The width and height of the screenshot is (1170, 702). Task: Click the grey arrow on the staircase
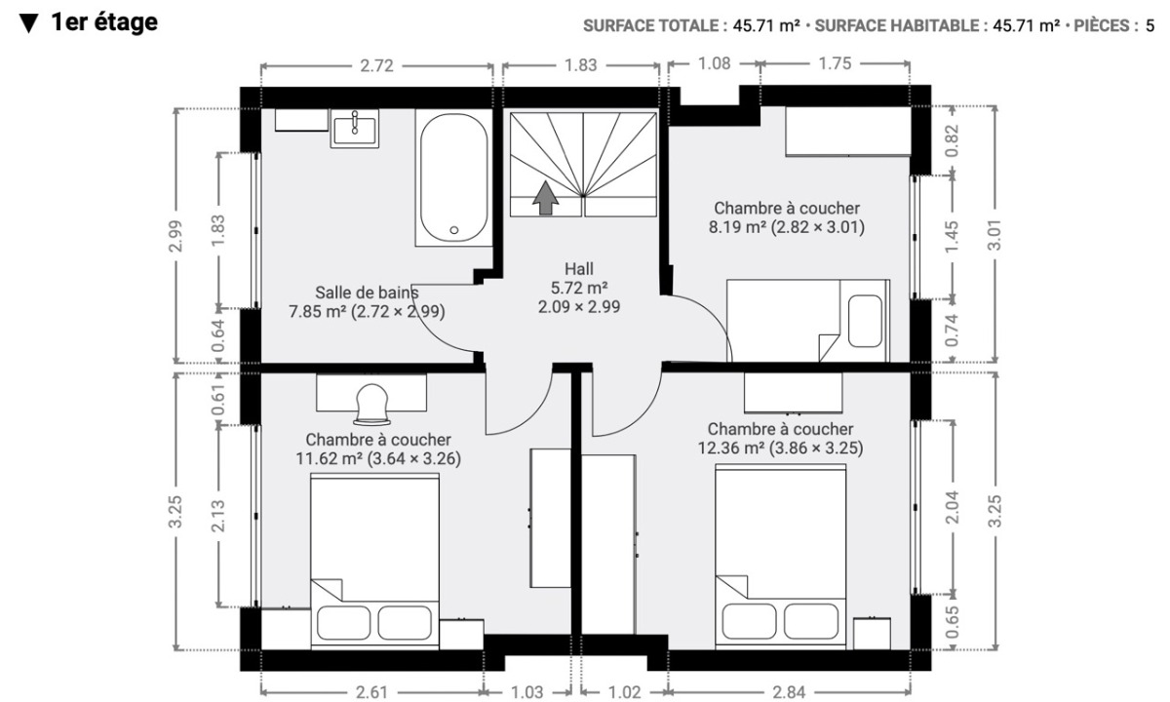pyautogui.click(x=545, y=198)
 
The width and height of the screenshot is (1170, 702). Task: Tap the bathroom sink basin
pyautogui.click(x=355, y=130)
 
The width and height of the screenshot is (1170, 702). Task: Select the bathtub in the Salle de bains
pyautogui.click(x=453, y=177)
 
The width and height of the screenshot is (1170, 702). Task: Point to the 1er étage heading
pyautogui.click(x=104, y=22)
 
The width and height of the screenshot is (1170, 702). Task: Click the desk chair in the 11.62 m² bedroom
pyautogui.click(x=371, y=405)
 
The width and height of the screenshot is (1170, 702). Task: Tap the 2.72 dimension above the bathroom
pyautogui.click(x=376, y=66)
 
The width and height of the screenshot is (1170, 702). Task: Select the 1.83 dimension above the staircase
pyautogui.click(x=581, y=65)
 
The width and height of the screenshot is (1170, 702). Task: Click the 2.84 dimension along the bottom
pyautogui.click(x=789, y=692)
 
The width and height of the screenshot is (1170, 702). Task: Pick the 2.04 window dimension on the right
pyautogui.click(x=953, y=507)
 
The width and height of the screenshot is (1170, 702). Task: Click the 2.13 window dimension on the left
pyautogui.click(x=217, y=516)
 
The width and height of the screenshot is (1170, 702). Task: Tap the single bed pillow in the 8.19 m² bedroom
pyautogui.click(x=865, y=321)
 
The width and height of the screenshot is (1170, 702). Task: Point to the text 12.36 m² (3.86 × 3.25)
pyautogui.click(x=780, y=448)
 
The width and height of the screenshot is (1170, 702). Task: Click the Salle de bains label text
pyautogui.click(x=367, y=292)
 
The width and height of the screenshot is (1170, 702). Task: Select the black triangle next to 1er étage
pyautogui.click(x=28, y=23)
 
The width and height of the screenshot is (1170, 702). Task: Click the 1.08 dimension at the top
pyautogui.click(x=714, y=63)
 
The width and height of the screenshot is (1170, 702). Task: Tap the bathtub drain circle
pyautogui.click(x=454, y=230)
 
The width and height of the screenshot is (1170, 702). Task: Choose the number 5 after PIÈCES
pyautogui.click(x=1150, y=25)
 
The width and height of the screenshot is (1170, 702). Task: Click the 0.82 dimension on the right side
pyautogui.click(x=953, y=140)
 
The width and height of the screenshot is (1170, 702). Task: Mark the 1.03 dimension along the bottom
pyautogui.click(x=527, y=692)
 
